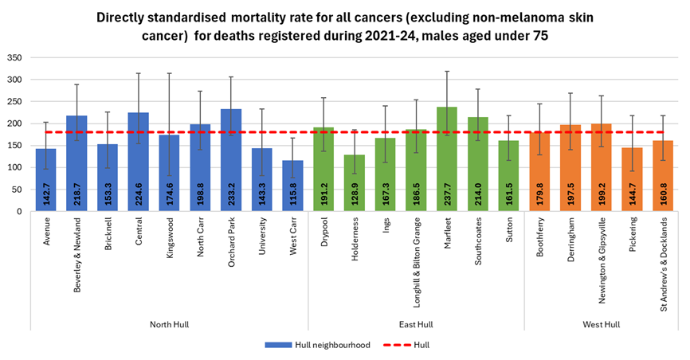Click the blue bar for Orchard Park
pos(232,159)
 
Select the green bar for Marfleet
pos(448,158)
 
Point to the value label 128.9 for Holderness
pos(355,191)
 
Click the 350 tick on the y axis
pos(15,57)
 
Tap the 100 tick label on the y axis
pos(15,167)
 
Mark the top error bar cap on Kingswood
pos(170,73)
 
